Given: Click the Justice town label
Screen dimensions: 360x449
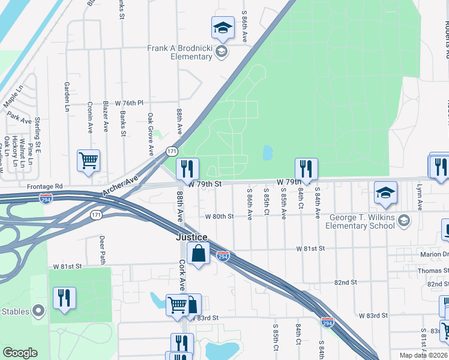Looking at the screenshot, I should pyautogui.click(x=191, y=237).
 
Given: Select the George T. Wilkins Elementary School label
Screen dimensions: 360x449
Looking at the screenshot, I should pyautogui.click(x=368, y=221).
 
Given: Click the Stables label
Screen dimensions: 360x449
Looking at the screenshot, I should pyautogui.click(x=16, y=311).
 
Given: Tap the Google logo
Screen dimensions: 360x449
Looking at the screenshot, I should pyautogui.click(x=20, y=353).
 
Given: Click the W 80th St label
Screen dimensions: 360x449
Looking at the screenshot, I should pyautogui.click(x=218, y=216).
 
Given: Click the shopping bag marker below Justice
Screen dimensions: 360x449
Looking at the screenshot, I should pyautogui.click(x=198, y=253).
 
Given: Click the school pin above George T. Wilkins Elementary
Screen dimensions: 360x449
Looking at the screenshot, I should pyautogui.click(x=385, y=193).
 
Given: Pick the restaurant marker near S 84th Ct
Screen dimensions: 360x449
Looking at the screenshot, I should pyautogui.click(x=306, y=169).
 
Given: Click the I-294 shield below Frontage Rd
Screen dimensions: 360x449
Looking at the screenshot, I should pyautogui.click(x=46, y=197).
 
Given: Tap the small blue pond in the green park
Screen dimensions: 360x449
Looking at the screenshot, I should pyautogui.click(x=267, y=152).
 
